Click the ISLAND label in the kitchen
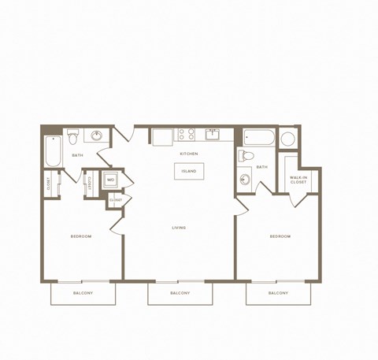coord(189,171)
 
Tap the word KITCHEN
coord(189,154)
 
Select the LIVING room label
coord(180,228)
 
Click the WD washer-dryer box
coord(110,180)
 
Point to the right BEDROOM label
coord(280,236)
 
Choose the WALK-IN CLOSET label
coord(298,180)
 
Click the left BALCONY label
coord(83,293)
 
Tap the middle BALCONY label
coord(180,293)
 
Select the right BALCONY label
coord(277,293)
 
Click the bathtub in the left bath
coord(54,151)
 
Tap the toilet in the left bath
coord(73,136)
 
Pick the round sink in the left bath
coord(98,135)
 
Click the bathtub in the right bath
coord(258,139)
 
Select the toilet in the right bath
coord(245,155)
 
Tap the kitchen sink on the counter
coord(213,133)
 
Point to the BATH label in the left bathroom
coord(77,155)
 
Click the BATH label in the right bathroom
coord(261,167)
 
